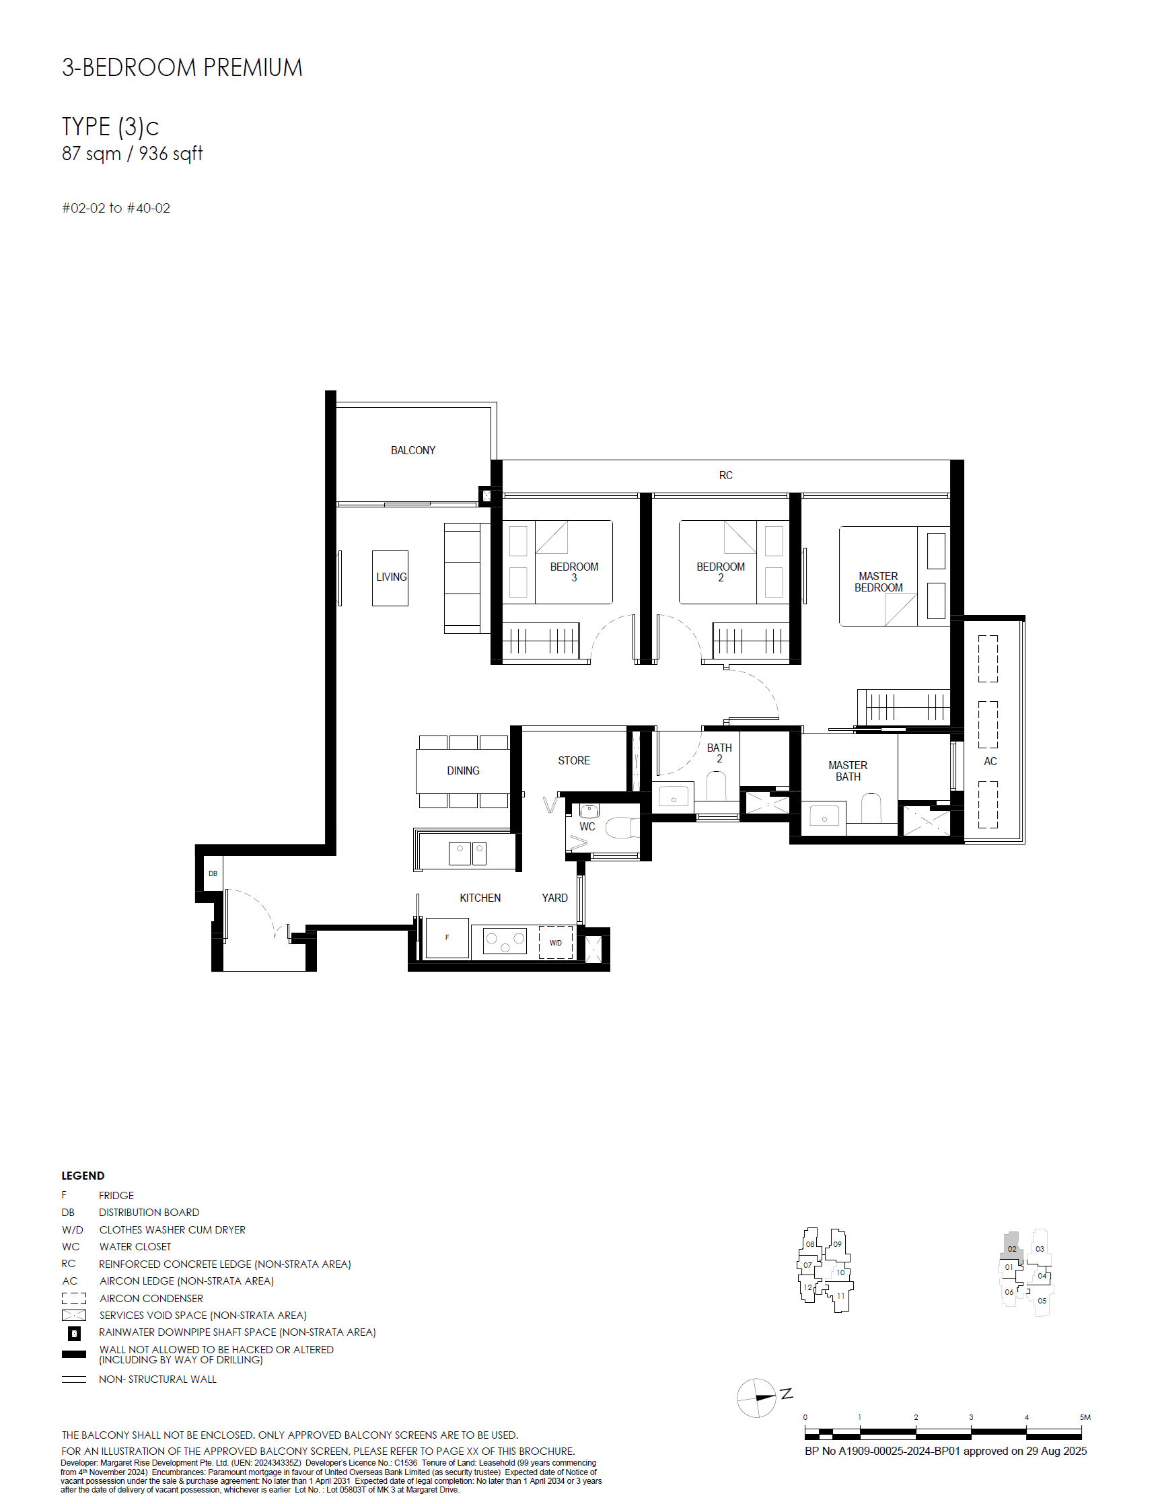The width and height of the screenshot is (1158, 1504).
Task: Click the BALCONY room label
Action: tap(412, 450)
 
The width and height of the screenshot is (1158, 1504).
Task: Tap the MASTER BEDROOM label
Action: tap(878, 582)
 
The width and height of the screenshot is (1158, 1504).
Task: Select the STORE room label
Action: tap(573, 760)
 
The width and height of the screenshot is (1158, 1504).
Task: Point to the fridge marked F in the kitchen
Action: tap(447, 937)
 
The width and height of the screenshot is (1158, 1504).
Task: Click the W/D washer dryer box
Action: tap(556, 943)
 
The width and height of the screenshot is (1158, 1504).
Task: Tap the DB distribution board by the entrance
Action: tap(213, 874)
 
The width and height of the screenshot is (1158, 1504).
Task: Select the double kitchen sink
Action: tap(468, 853)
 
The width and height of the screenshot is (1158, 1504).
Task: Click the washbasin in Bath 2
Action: tap(674, 796)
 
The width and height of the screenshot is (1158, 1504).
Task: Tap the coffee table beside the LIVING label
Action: tap(390, 579)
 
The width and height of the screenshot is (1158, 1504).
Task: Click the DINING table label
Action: tap(463, 771)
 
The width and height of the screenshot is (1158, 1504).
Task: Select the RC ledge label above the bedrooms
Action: tap(725, 475)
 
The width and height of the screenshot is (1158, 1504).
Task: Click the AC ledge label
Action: tap(990, 761)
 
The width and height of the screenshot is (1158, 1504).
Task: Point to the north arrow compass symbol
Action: tap(758, 1398)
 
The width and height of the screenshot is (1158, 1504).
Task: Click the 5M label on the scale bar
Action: tap(1085, 1417)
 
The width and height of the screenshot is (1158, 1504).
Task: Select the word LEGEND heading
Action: tap(83, 1176)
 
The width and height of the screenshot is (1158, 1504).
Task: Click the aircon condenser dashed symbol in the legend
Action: tap(73, 1298)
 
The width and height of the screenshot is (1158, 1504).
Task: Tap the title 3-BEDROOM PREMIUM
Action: tap(182, 67)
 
